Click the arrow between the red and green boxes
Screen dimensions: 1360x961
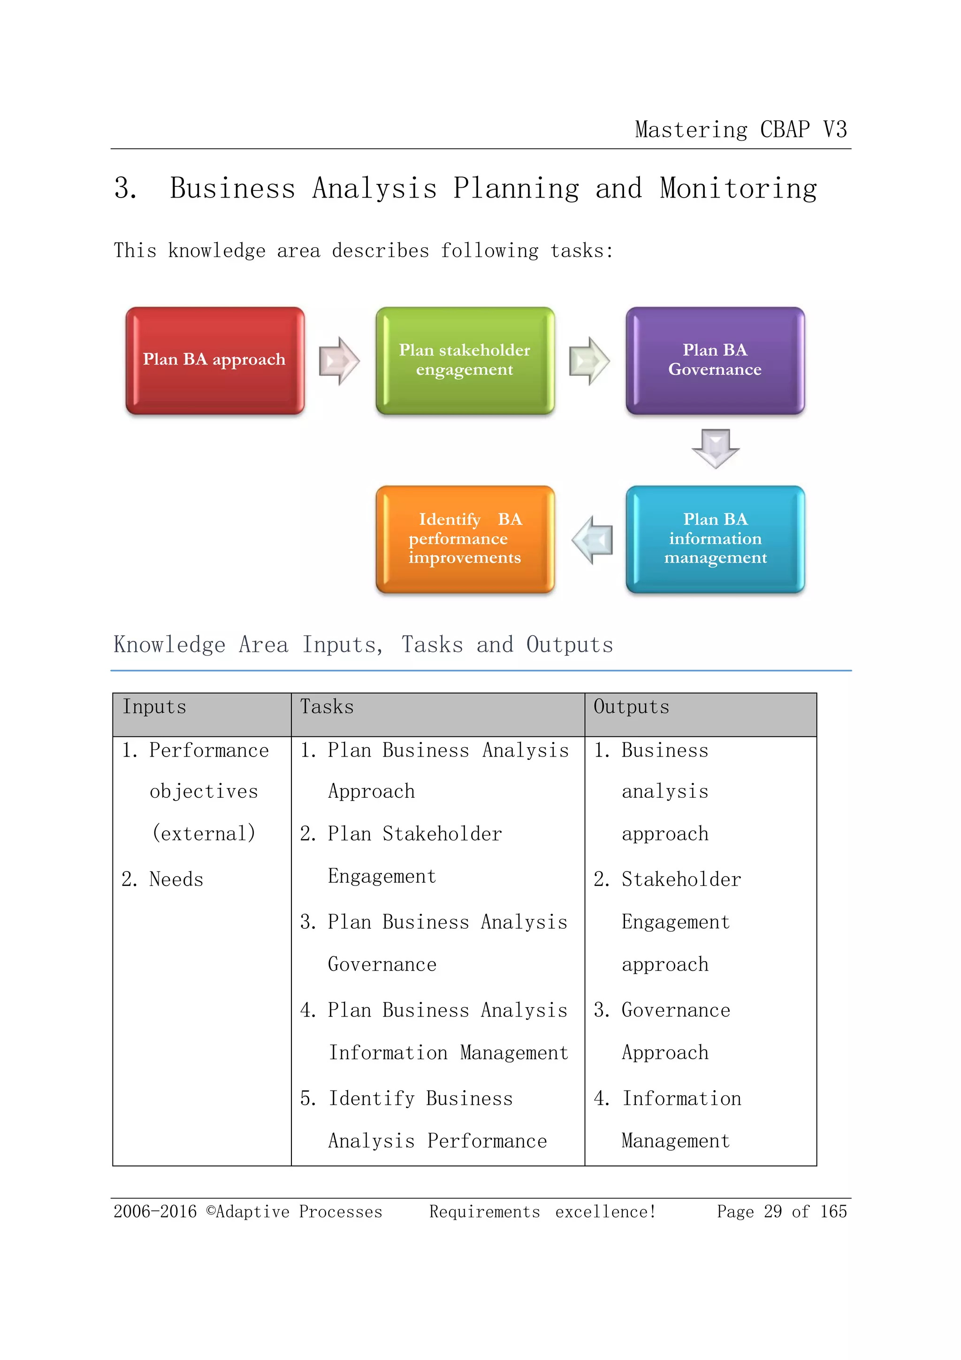(x=339, y=361)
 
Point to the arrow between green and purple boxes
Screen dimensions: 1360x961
(x=589, y=361)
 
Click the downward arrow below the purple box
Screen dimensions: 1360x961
(x=715, y=448)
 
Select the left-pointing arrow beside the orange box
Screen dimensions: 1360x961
(x=592, y=540)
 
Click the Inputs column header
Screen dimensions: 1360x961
(x=154, y=707)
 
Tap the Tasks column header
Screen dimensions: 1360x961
(x=327, y=707)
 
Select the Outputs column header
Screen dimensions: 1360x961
(x=631, y=707)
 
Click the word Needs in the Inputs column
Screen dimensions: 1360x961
(x=176, y=879)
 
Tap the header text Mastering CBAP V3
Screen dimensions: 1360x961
(x=741, y=130)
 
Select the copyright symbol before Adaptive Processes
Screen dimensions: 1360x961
(x=211, y=1211)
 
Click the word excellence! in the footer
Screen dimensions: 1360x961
(x=605, y=1212)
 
